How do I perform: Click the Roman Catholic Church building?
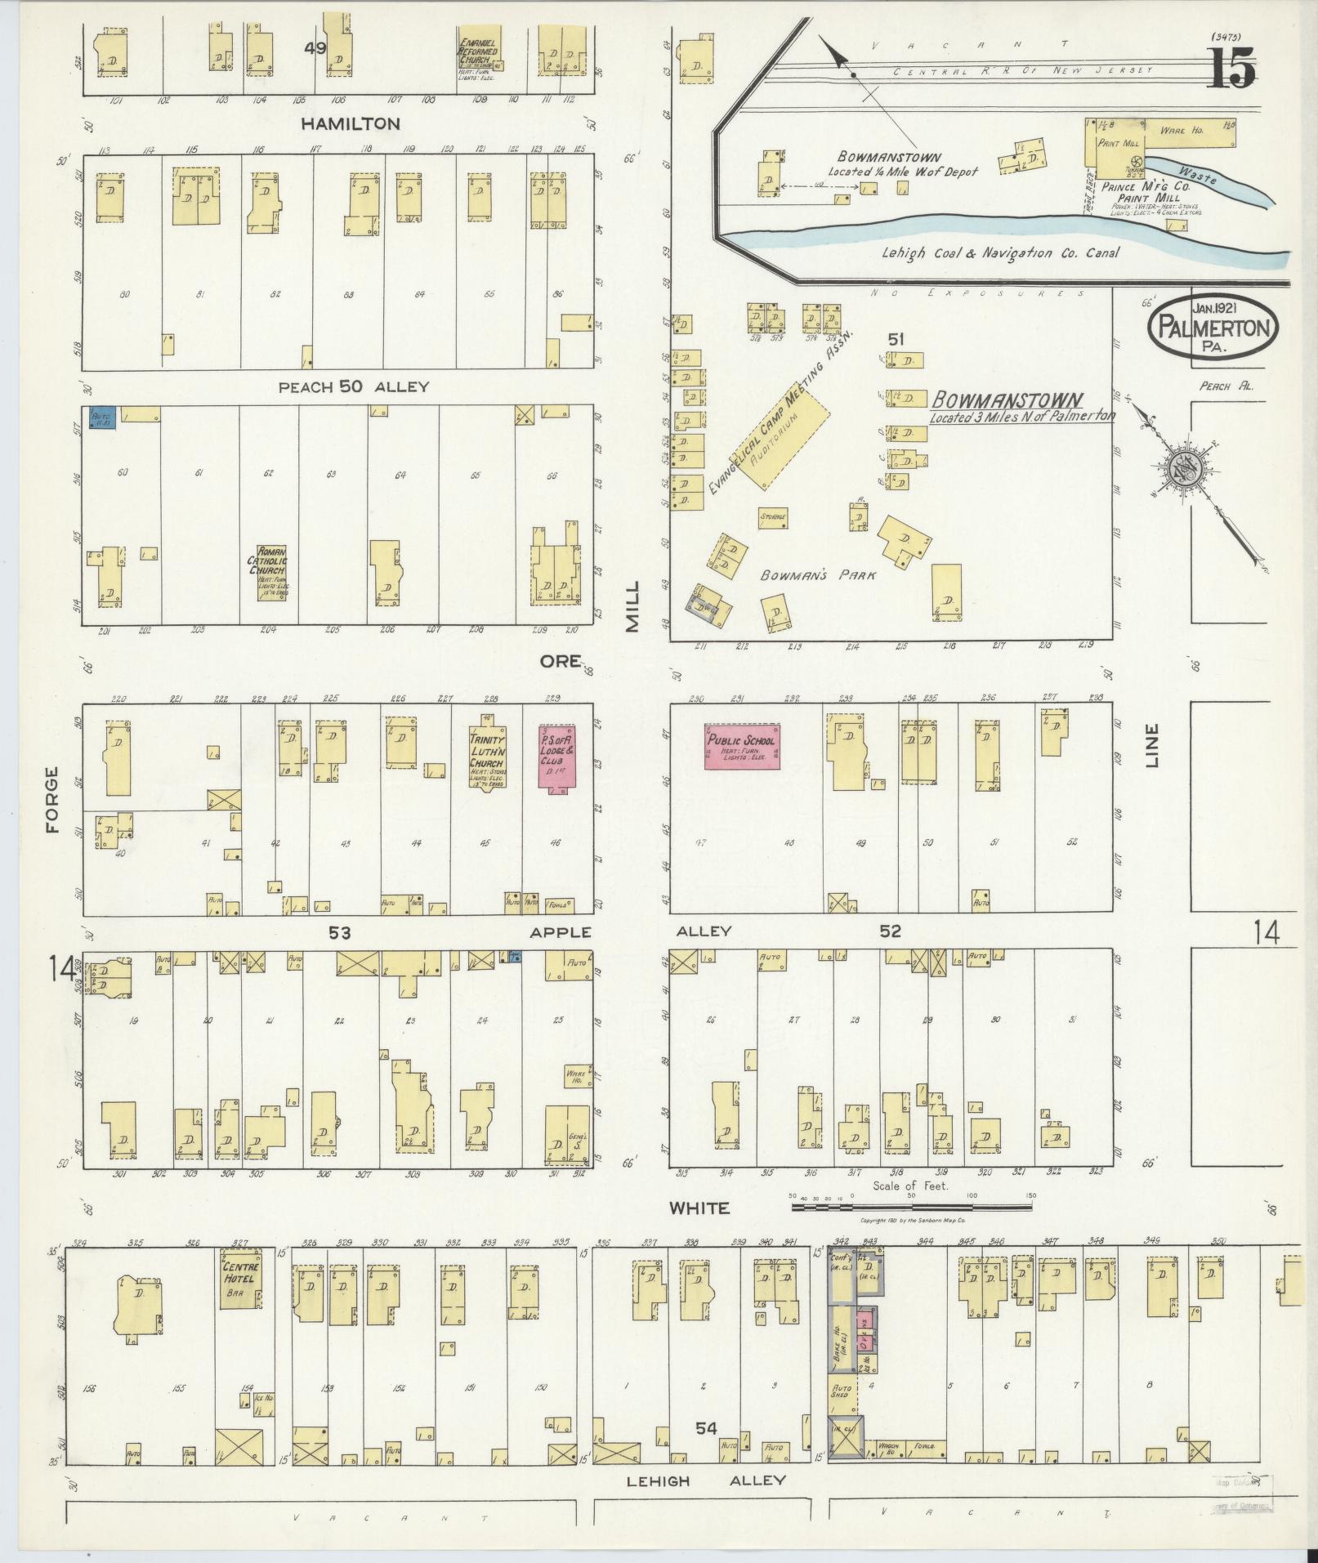click(x=270, y=573)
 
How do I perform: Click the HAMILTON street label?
click(x=351, y=124)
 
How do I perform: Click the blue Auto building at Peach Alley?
click(x=103, y=418)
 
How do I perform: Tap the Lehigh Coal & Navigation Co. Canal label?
click(x=1000, y=253)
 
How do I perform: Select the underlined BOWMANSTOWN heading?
click(x=1007, y=401)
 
